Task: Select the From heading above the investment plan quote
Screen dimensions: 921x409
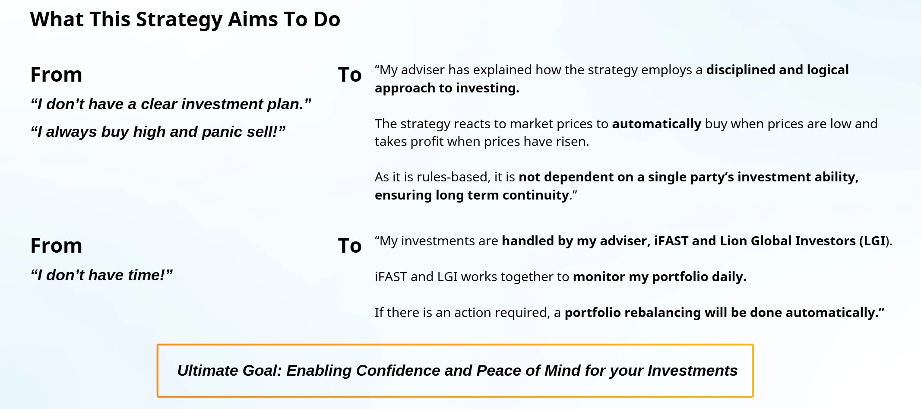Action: pyautogui.click(x=56, y=75)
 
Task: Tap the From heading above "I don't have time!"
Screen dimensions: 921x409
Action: pyautogui.click(x=56, y=246)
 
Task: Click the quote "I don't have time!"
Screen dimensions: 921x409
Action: pyautogui.click(x=102, y=275)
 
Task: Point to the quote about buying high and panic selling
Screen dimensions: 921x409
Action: pyautogui.click(x=158, y=132)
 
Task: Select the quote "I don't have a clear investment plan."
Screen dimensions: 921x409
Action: pyautogui.click(x=171, y=104)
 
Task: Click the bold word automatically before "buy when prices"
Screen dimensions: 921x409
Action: pyautogui.click(x=657, y=124)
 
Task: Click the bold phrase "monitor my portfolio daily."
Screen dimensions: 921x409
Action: pyautogui.click(x=660, y=277)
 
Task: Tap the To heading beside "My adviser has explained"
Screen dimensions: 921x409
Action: pyautogui.click(x=350, y=75)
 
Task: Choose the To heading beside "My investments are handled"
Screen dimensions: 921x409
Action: pyautogui.click(x=350, y=246)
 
